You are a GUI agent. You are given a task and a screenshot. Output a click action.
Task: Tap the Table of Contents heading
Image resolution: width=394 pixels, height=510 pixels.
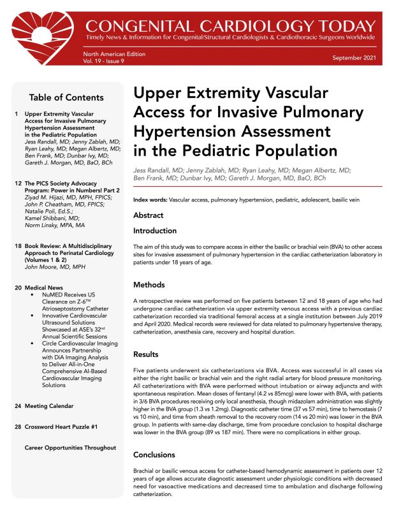coord(66,98)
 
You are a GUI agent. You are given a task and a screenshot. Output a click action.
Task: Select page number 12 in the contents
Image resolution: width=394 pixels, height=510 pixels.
coord(18,182)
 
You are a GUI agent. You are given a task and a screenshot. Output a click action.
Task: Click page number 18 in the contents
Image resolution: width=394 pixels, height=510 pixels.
coord(18,245)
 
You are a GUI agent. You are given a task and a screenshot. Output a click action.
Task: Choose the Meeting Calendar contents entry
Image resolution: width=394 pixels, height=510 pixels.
coord(48,405)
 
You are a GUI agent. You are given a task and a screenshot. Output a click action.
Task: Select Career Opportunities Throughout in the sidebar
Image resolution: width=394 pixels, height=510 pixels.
coord(70,448)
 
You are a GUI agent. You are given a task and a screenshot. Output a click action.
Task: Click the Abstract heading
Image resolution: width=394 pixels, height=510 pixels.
coord(148,215)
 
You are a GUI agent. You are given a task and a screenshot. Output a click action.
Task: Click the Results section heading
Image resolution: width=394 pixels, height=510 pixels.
coord(147,354)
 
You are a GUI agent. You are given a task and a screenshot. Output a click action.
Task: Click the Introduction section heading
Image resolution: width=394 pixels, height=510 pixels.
coord(154,230)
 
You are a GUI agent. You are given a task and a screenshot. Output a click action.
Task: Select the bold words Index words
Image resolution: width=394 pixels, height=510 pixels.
coord(150,200)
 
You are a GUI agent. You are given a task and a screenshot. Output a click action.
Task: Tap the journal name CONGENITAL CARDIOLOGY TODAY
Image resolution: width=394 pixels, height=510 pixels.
coord(230,26)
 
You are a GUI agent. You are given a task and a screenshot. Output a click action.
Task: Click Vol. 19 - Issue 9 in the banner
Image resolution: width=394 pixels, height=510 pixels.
coord(106,62)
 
